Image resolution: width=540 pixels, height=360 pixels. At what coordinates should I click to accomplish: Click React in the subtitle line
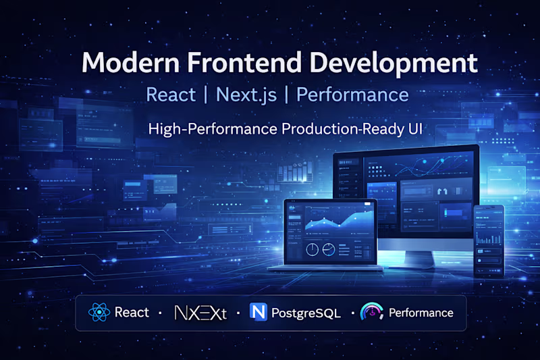[171, 95]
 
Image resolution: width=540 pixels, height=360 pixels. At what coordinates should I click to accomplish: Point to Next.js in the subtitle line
[244, 95]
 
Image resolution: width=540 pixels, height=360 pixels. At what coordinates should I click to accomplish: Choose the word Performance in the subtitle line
[352, 95]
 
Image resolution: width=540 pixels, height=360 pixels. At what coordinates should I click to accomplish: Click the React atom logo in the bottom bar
[99, 312]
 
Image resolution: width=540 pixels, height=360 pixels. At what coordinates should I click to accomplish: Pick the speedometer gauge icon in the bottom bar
[372, 312]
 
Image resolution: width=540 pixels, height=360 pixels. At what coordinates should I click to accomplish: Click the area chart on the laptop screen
[331, 220]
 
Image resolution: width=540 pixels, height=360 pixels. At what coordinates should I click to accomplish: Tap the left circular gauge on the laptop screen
[313, 249]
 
